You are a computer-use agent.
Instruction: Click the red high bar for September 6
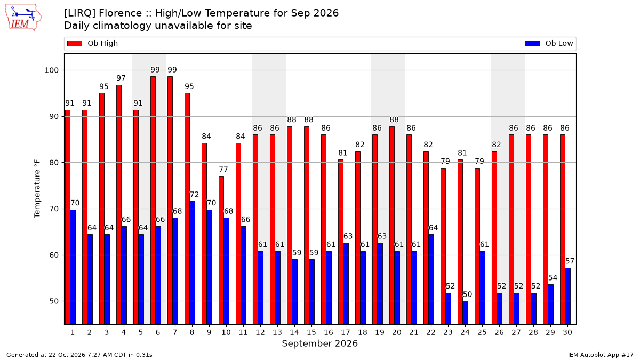(x=153, y=201)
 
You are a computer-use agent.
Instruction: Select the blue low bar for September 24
(x=466, y=313)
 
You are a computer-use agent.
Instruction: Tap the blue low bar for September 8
(x=193, y=263)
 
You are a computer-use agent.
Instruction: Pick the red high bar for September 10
(x=221, y=250)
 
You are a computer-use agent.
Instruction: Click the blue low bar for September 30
(x=567, y=297)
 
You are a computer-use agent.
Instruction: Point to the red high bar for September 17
(x=341, y=242)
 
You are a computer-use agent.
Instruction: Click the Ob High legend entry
(x=92, y=43)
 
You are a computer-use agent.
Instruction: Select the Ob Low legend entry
(x=549, y=43)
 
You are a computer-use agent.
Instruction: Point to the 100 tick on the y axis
(x=51, y=70)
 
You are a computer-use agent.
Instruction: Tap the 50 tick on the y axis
(x=54, y=301)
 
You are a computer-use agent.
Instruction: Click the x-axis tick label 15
(x=311, y=333)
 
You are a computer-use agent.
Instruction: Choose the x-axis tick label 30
(x=567, y=333)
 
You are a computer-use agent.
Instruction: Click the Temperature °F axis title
(x=37, y=189)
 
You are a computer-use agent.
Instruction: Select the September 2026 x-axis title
(x=319, y=343)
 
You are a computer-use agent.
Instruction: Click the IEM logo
(x=23, y=18)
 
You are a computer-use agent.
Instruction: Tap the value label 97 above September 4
(x=121, y=78)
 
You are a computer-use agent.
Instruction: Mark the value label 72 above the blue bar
(x=194, y=195)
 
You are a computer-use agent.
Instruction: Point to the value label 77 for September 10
(x=223, y=170)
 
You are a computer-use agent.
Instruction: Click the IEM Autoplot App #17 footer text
(x=601, y=355)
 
